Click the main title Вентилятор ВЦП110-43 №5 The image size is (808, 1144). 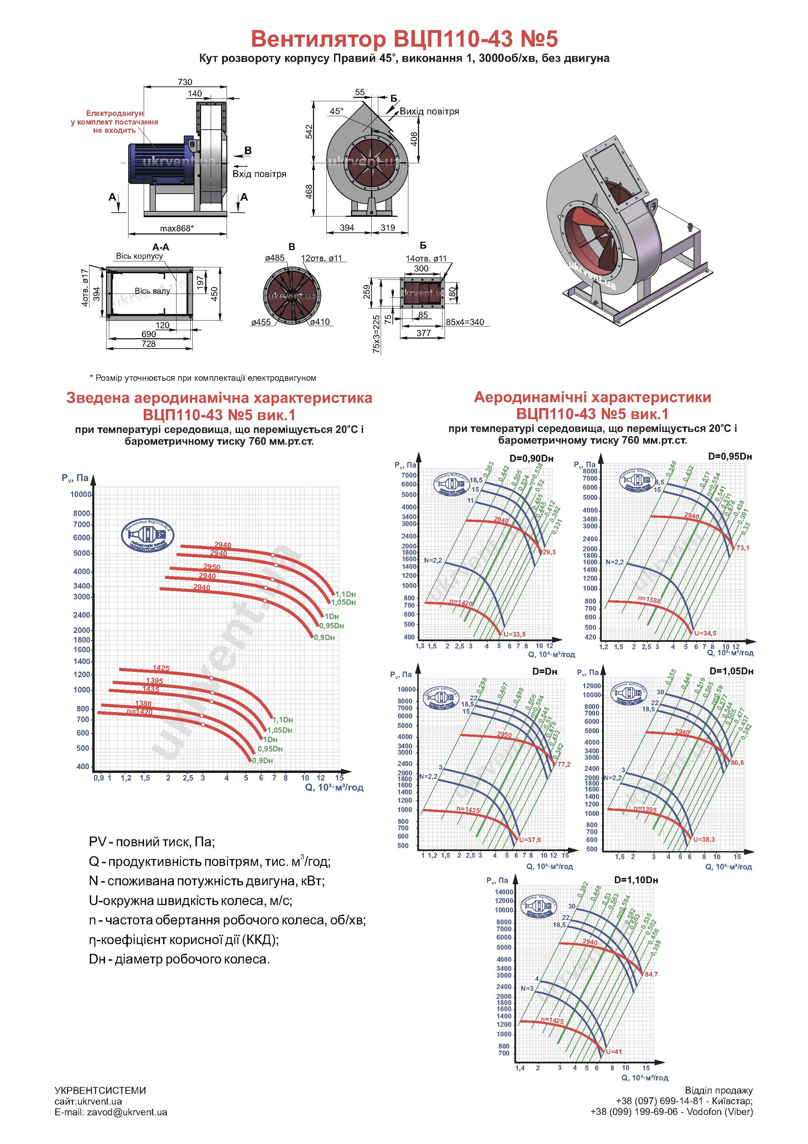coord(404,38)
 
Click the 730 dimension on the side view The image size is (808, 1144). coord(185,82)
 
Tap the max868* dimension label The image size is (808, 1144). coord(177,228)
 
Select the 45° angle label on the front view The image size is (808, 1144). coord(336,111)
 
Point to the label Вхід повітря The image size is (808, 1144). coord(259,174)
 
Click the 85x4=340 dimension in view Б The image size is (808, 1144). coord(465,322)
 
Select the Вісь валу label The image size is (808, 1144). coord(152,290)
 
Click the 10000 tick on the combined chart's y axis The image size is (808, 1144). coord(80,494)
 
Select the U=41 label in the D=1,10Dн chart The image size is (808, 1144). coord(614,1051)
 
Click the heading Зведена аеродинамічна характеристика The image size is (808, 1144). coord(219,398)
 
